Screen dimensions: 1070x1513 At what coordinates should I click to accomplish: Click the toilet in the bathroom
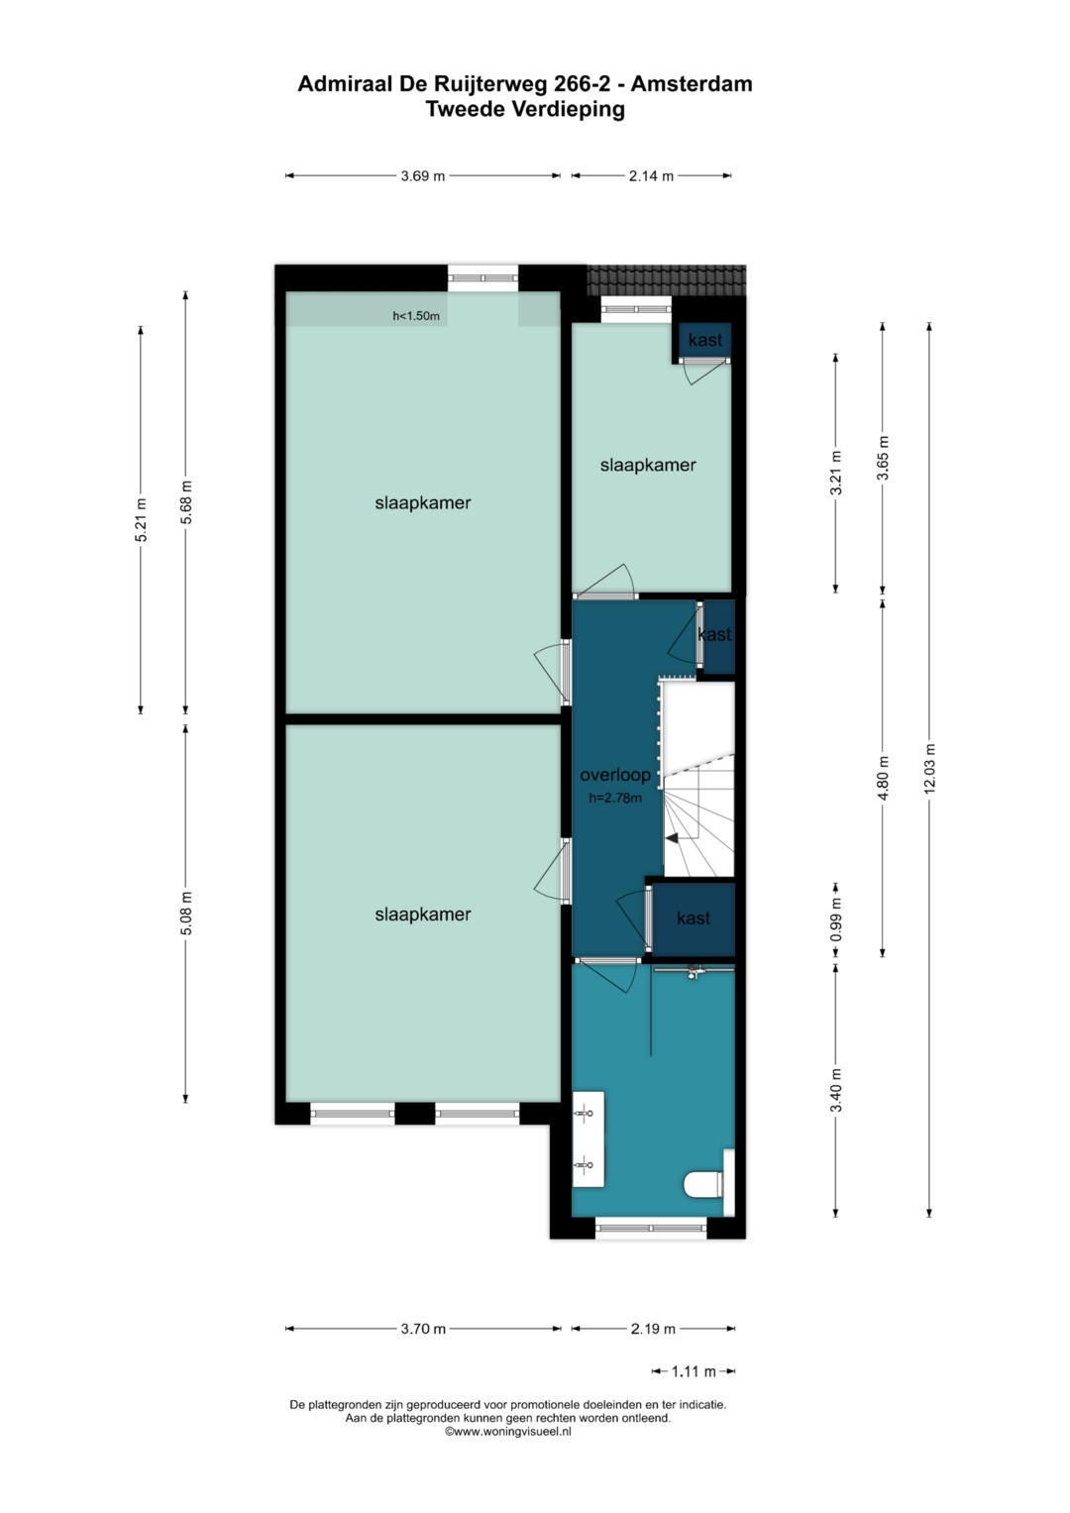[x=703, y=1184]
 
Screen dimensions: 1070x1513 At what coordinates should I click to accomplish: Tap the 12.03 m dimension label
[x=929, y=768]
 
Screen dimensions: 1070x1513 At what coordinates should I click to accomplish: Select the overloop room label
[x=614, y=775]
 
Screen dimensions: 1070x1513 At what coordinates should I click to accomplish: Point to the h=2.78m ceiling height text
[x=614, y=798]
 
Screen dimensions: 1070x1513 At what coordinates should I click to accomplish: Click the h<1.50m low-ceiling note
[x=416, y=315]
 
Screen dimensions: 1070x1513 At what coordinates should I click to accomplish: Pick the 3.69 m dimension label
[x=423, y=176]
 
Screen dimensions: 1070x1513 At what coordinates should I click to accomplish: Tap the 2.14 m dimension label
[x=651, y=176]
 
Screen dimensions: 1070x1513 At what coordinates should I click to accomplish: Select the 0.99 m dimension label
[x=836, y=919]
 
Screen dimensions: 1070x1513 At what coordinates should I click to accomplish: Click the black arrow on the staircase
[x=672, y=837]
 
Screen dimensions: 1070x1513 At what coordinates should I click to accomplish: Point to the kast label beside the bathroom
[x=694, y=918]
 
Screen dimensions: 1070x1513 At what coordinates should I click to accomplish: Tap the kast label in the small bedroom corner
[x=705, y=340]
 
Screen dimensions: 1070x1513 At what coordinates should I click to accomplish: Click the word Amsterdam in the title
[x=692, y=84]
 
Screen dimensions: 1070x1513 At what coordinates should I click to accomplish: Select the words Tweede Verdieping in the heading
[x=525, y=109]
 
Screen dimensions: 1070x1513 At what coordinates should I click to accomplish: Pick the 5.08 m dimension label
[x=187, y=914]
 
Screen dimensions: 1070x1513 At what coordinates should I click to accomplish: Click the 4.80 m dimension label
[x=883, y=778]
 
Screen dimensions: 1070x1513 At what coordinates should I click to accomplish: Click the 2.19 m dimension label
[x=653, y=1330]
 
